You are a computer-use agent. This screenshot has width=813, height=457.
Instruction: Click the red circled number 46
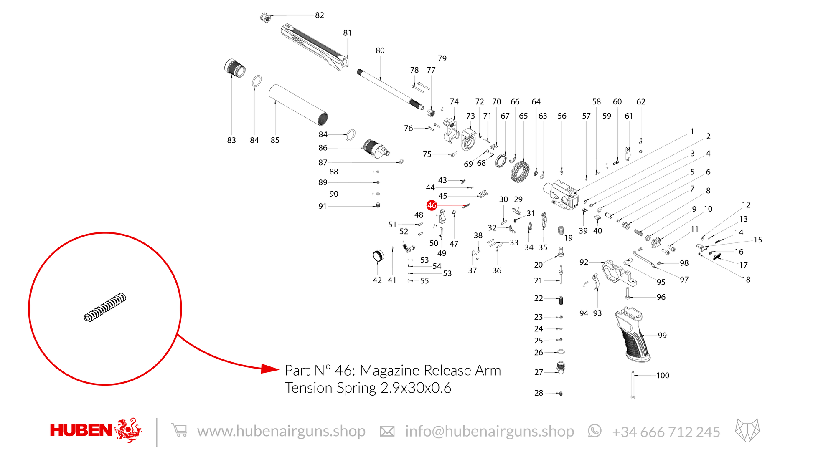[432, 205]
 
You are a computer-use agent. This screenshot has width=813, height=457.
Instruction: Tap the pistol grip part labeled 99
[632, 334]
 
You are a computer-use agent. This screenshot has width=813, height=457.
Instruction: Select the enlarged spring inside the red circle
[105, 307]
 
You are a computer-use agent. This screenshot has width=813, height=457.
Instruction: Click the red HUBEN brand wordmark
[81, 430]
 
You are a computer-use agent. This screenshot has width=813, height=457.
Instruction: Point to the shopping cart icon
[179, 430]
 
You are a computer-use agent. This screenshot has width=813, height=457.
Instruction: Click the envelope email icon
[387, 432]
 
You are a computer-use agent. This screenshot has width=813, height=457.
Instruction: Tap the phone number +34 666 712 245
[666, 432]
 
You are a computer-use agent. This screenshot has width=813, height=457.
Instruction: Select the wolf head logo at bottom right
[747, 430]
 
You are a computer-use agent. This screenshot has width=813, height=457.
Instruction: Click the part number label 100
[663, 375]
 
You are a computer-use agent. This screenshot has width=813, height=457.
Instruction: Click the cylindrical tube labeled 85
[298, 105]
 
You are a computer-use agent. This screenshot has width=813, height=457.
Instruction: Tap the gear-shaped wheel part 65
[520, 172]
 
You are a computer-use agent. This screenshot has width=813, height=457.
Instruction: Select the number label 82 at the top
[320, 15]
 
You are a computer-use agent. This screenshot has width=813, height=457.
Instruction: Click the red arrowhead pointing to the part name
[270, 369]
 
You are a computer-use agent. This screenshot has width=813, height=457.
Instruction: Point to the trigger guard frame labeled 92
[619, 273]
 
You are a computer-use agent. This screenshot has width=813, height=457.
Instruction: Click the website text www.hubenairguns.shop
[281, 431]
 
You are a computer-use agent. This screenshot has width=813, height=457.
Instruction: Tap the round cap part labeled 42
[378, 256]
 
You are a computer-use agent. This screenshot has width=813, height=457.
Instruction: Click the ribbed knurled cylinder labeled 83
[235, 68]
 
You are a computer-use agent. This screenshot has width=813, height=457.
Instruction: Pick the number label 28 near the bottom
[539, 393]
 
